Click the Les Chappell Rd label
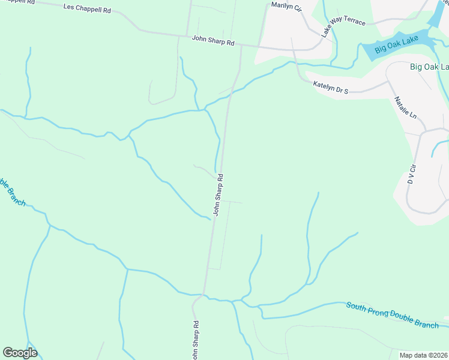(x=88, y=9)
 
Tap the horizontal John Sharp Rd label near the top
(x=213, y=41)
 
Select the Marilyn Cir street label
(x=286, y=6)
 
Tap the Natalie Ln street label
(x=405, y=107)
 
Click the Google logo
(x=20, y=352)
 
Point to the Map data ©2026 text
(x=423, y=355)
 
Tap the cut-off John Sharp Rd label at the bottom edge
(x=196, y=342)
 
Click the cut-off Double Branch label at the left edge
(x=11, y=191)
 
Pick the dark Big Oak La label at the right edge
(x=429, y=67)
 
